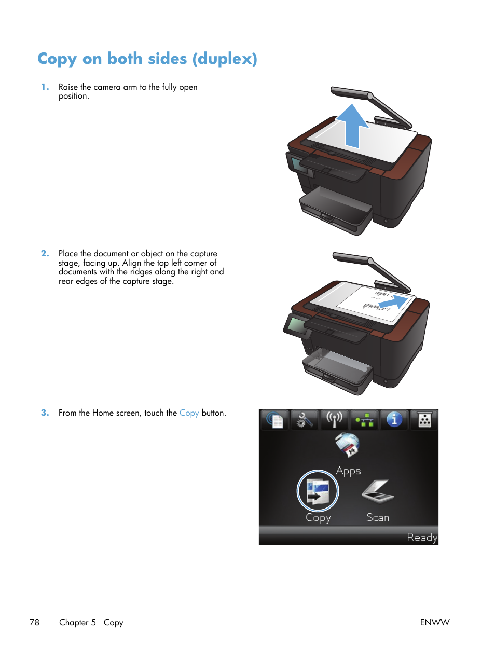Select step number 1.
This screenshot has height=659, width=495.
(x=45, y=87)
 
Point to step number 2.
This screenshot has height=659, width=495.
(x=45, y=254)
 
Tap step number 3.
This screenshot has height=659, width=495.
(x=45, y=413)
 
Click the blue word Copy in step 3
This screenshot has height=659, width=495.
(x=189, y=413)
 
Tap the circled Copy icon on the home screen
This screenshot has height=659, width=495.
(x=318, y=491)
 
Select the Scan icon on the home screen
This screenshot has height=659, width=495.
(x=377, y=491)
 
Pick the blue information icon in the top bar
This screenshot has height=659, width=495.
(x=394, y=419)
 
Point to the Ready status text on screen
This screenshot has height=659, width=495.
(x=422, y=538)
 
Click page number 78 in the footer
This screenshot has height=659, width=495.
(x=34, y=622)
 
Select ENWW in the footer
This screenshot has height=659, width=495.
(x=434, y=622)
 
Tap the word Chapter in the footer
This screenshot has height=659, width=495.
(x=73, y=622)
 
